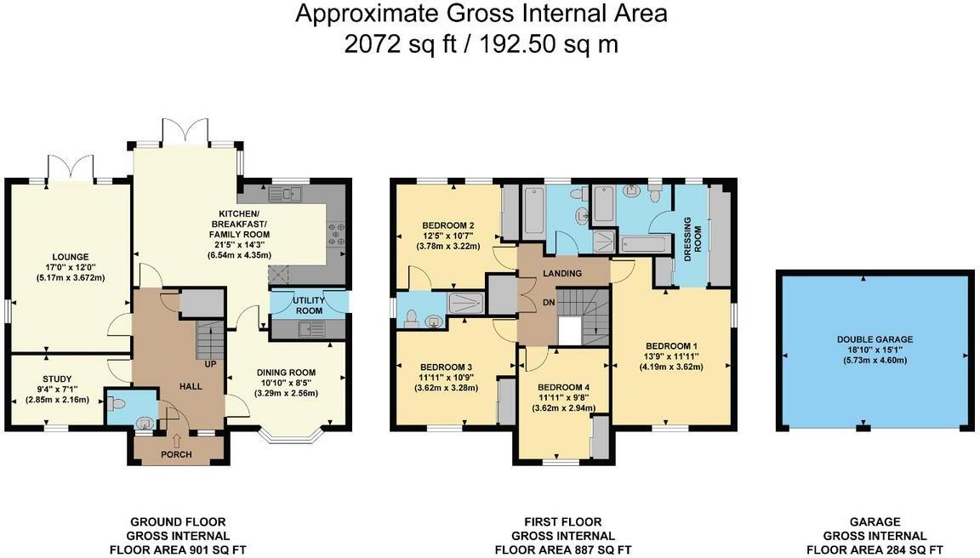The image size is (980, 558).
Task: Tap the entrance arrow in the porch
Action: pos(177,440)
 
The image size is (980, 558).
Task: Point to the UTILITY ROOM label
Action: pos(309,306)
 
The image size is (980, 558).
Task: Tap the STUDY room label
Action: pos(57,379)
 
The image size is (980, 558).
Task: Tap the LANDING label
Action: pos(562,274)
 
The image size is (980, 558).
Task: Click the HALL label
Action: pos(190,386)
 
